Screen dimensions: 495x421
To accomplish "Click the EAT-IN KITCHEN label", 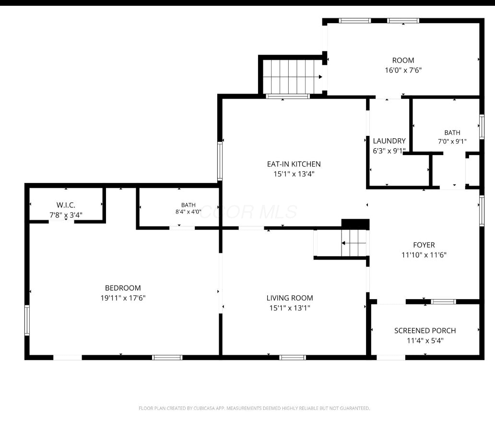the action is point(294,164).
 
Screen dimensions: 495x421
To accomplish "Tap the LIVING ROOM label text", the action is point(290,298).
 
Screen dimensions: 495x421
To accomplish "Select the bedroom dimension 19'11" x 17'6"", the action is point(123,298).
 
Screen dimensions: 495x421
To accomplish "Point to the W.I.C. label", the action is point(66,205).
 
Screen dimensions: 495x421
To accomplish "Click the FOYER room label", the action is point(424,245).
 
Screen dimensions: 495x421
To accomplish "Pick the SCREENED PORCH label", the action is point(425,331).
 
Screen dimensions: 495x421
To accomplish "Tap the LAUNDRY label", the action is point(389,141).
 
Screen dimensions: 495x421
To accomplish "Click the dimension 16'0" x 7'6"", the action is point(403,70).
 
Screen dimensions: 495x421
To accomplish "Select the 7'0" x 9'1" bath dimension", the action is point(452,141).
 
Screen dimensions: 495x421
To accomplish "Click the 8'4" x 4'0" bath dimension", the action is point(188,212).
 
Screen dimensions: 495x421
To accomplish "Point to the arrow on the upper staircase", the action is point(320,77).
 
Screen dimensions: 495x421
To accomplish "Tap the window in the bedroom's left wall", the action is point(27,320).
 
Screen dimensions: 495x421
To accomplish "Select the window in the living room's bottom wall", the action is point(292,358).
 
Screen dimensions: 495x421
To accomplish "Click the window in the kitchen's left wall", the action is point(220,161).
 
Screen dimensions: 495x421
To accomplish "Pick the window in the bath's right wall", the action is point(482,127).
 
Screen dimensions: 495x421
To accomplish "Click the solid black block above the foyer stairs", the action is point(355,224).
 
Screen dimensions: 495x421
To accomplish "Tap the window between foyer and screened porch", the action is point(444,301).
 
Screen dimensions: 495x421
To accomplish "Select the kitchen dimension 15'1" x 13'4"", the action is point(294,174).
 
